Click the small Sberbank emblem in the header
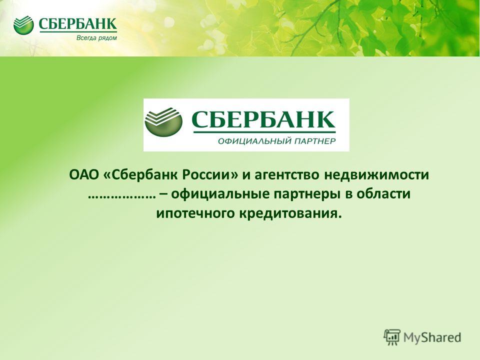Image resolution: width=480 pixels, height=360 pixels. pyautogui.click(x=23, y=25)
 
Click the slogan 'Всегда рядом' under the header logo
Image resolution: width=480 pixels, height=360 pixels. pyautogui.click(x=96, y=38)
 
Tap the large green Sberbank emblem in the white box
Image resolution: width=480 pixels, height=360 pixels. pyautogui.click(x=163, y=121)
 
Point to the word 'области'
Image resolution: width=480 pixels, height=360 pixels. pyautogui.click(x=383, y=194)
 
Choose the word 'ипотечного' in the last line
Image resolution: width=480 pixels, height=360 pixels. pyautogui.click(x=195, y=213)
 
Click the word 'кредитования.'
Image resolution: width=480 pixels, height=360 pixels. pyautogui.click(x=290, y=213)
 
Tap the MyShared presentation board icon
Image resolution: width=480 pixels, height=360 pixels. pyautogui.click(x=392, y=337)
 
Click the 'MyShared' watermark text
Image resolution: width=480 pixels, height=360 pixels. pyautogui.click(x=432, y=337)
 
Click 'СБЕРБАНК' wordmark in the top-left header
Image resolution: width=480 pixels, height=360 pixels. pyautogui.click(x=78, y=24)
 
